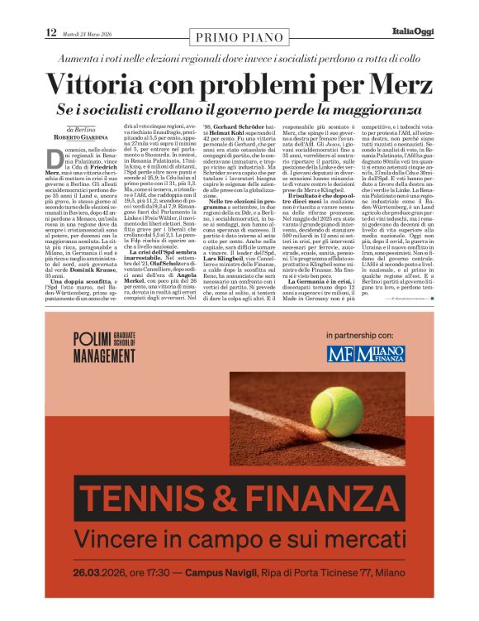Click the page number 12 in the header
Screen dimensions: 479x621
point(50,32)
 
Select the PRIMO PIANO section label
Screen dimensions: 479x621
point(239,36)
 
